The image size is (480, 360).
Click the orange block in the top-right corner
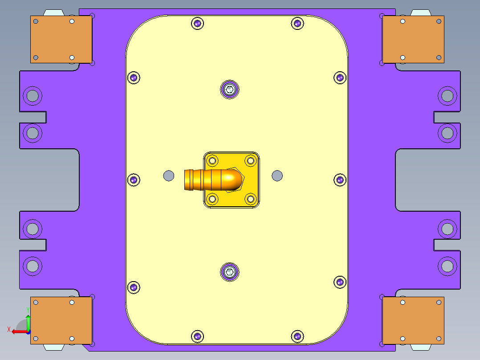(x=414, y=39)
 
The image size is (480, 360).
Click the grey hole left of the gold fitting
(x=169, y=176)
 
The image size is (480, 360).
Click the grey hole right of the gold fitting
(x=277, y=176)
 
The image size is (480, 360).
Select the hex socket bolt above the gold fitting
(x=229, y=90)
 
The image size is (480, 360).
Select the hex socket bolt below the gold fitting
(x=230, y=272)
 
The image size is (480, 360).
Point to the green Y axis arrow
(x=28, y=320)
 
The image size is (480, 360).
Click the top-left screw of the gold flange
(x=213, y=160)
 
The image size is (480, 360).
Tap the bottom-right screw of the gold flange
(x=250, y=199)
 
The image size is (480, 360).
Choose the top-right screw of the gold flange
(x=250, y=160)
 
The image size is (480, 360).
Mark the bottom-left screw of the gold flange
(x=213, y=199)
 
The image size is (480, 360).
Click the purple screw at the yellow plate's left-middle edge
(x=134, y=180)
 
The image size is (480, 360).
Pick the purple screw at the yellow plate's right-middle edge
(x=340, y=180)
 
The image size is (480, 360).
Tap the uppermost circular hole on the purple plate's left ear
(x=33, y=95)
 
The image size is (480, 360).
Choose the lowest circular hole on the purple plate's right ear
(x=447, y=266)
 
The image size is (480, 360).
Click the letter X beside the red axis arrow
(x=8, y=330)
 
